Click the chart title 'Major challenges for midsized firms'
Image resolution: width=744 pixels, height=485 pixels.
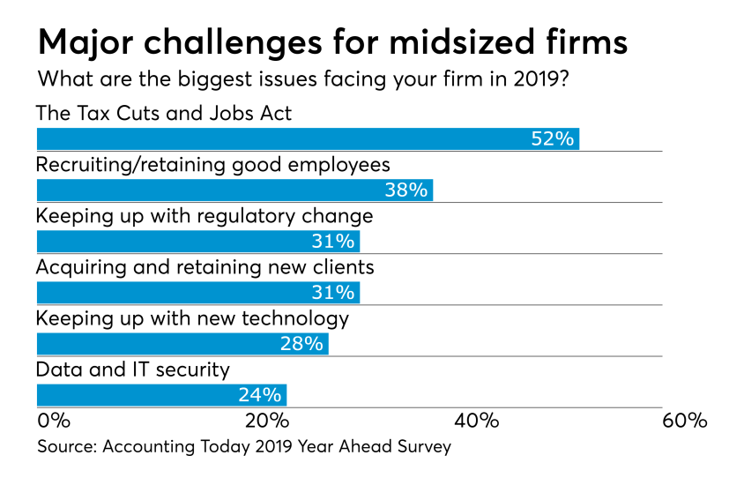pyautogui.click(x=333, y=41)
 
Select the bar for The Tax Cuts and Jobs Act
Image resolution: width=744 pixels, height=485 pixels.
pyautogui.click(x=307, y=138)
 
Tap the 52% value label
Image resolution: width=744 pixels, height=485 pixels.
pyautogui.click(x=553, y=138)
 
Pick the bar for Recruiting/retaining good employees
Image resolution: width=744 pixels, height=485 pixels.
pyautogui.click(x=234, y=190)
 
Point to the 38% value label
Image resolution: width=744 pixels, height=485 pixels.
pyautogui.click(x=406, y=190)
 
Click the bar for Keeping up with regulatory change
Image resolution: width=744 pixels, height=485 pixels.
pyautogui.click(x=197, y=241)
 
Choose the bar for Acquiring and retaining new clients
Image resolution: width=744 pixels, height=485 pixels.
pyautogui.click(x=197, y=292)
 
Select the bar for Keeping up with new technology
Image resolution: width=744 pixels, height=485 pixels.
pyautogui.click(x=182, y=343)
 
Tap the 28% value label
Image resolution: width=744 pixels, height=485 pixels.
pyautogui.click(x=302, y=343)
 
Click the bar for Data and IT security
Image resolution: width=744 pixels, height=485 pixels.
pyautogui.click(x=160, y=394)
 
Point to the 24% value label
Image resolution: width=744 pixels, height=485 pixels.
pyautogui.click(x=260, y=394)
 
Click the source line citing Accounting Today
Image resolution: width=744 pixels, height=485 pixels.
pyautogui.click(x=244, y=447)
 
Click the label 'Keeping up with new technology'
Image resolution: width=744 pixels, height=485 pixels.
pyautogui.click(x=192, y=318)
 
